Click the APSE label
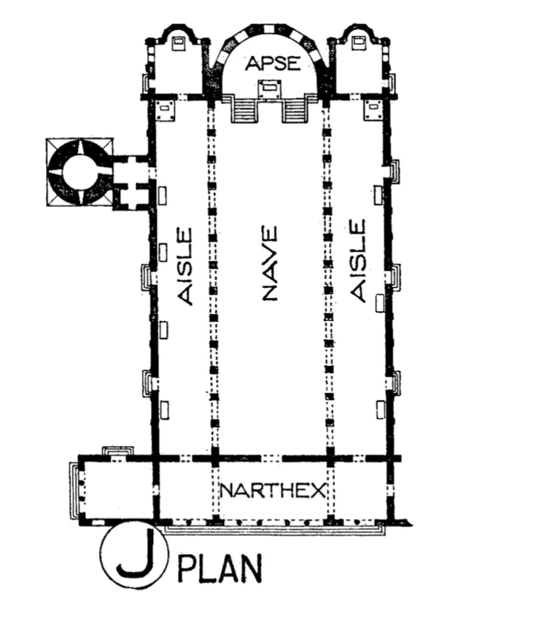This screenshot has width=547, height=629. point(273,63)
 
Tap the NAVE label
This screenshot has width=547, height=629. point(269,263)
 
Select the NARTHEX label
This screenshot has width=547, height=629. point(273,491)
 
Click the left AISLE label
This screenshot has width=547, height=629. point(185,267)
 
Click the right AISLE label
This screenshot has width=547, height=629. point(358,260)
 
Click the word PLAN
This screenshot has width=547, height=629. point(220,568)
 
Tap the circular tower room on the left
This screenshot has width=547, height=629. point(80,172)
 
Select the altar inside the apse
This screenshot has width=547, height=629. point(269,89)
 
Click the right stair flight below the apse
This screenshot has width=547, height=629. point(296,109)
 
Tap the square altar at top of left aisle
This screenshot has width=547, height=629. point(166,110)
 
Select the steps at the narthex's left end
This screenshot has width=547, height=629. point(74,491)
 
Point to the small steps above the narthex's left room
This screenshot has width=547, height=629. point(117,451)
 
